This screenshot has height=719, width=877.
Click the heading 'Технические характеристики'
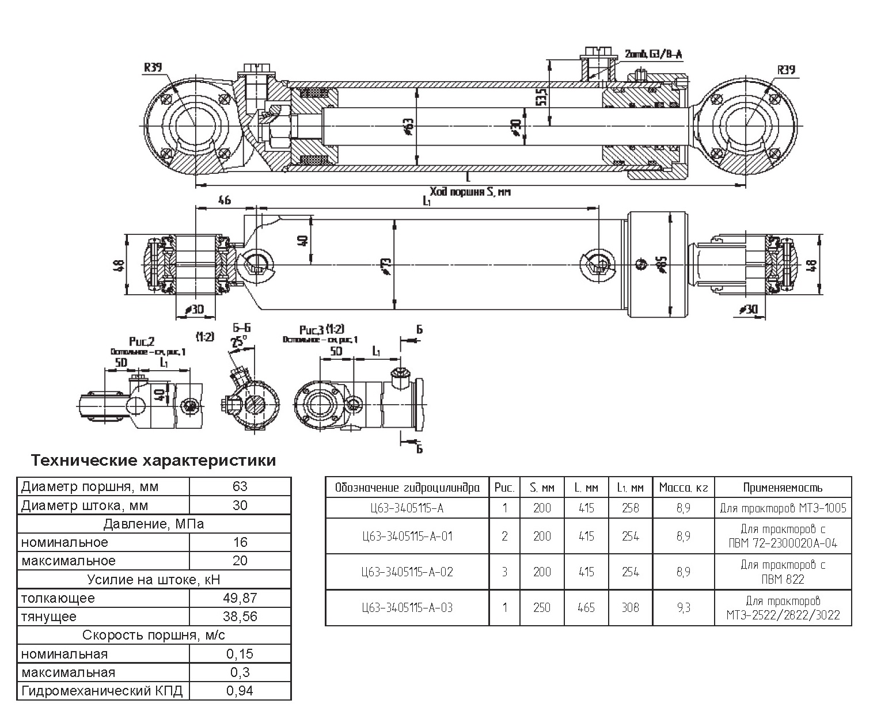tap(153, 461)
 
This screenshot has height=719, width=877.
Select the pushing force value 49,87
tap(240, 598)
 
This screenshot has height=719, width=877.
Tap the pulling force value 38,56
tap(240, 617)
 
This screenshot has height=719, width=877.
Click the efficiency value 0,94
tap(240, 691)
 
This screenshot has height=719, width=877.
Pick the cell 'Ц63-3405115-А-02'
tap(407, 572)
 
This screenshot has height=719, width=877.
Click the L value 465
tap(586, 607)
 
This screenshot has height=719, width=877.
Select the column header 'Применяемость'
tap(782, 488)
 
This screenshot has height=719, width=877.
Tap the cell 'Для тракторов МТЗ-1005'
tap(783, 508)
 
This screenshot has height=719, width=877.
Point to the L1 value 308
tap(630, 607)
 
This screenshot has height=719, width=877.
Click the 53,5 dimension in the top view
tap(540, 97)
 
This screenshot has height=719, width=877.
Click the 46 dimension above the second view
tap(225, 200)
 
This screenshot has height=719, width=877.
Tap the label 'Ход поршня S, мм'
tap(470, 192)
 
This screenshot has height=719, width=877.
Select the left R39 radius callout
tap(153, 67)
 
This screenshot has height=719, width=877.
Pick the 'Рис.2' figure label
tap(142, 343)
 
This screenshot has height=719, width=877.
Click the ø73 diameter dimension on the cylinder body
tap(386, 265)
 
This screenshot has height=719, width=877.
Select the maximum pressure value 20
tap(240, 561)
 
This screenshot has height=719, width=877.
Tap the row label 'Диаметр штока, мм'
tap(85, 505)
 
